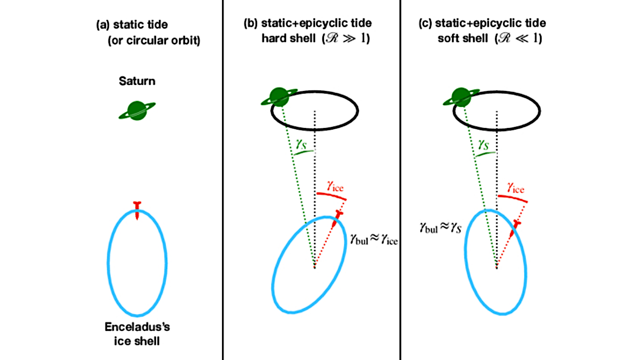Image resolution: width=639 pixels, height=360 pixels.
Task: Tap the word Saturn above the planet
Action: tap(137, 81)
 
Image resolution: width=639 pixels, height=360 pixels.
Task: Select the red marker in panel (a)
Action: tap(137, 209)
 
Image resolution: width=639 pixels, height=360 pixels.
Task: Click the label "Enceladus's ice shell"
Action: tap(137, 334)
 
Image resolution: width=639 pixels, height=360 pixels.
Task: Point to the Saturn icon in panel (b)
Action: tap(278, 97)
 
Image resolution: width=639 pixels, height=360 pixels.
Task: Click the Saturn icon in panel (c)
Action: tap(460, 97)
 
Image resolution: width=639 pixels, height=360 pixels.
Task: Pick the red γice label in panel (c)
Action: tap(515, 188)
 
